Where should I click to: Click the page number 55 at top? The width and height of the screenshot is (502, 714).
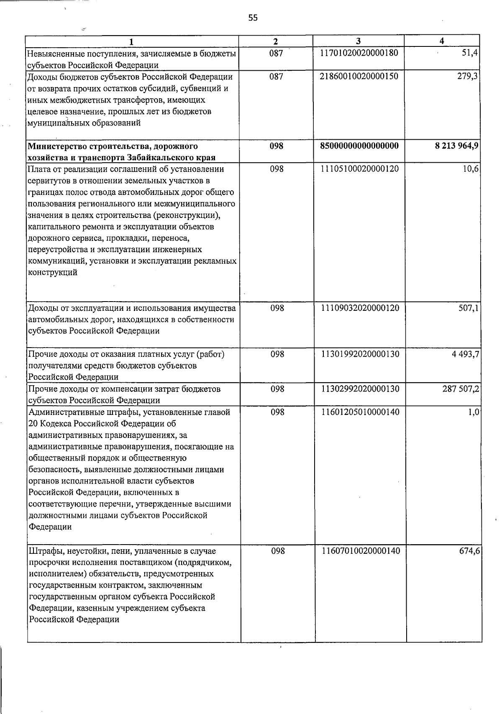(x=253, y=18)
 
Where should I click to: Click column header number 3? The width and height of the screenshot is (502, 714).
(x=358, y=41)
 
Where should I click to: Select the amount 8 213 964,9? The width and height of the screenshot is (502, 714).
(x=457, y=146)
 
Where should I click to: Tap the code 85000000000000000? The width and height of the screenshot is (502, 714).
(x=359, y=146)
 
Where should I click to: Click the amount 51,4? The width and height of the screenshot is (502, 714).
(x=470, y=53)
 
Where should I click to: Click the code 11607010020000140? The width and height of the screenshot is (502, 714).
(x=360, y=551)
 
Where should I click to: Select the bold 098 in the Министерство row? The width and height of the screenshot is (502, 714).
(x=277, y=146)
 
